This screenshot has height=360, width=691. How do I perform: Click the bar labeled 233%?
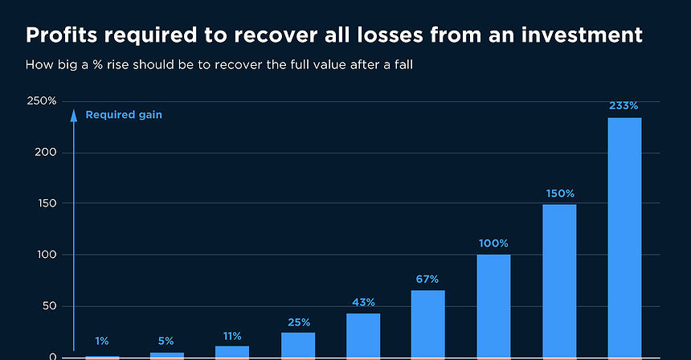point(624,237)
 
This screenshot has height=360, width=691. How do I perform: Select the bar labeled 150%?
point(558,280)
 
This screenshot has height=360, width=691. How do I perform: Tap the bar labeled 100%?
point(493,305)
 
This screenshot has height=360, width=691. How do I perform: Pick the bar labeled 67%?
point(427,323)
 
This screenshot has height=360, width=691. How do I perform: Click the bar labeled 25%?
point(297,344)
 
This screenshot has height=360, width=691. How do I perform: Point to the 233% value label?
point(624,105)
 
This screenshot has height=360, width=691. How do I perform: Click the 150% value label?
point(558,193)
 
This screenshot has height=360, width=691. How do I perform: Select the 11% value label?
point(232,336)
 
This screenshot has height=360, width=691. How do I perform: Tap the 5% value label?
point(166,341)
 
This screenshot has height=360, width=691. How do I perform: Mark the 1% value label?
point(101,341)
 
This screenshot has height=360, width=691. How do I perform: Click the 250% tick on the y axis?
point(42,101)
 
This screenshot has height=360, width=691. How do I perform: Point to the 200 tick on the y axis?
point(47,153)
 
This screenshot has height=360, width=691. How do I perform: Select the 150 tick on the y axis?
point(47,203)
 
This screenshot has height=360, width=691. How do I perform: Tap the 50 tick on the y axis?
point(49,306)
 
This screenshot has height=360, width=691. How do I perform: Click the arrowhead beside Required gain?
point(74,114)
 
